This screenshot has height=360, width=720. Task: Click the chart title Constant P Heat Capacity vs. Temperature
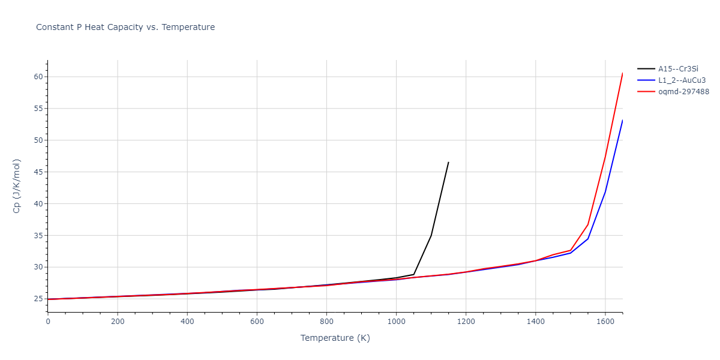(x=125, y=27)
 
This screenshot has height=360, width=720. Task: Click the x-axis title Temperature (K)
(x=335, y=338)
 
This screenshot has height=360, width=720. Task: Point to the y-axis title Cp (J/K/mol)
(x=17, y=186)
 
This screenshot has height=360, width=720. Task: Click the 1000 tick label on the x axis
(x=396, y=322)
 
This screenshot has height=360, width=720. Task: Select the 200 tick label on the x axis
(x=118, y=322)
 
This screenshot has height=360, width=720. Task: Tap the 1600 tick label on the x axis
(x=605, y=322)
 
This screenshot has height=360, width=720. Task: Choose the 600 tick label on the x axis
(x=257, y=322)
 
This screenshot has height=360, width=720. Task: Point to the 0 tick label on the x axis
(x=48, y=322)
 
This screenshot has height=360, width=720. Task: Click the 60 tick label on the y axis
(x=38, y=77)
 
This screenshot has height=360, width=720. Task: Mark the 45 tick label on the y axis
(x=38, y=172)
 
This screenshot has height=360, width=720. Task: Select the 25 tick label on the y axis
(x=38, y=299)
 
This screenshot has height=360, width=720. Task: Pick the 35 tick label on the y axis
(x=38, y=235)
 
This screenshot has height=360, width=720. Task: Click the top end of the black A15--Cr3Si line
(x=448, y=162)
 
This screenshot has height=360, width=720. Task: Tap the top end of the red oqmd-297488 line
(x=622, y=73)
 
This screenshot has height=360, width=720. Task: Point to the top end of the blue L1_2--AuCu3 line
(x=622, y=120)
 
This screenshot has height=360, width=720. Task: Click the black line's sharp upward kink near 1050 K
(x=413, y=274)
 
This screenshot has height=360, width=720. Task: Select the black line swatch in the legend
(x=646, y=68)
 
